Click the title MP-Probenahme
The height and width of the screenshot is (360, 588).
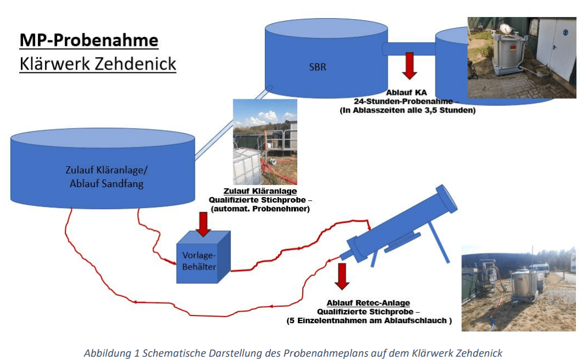[x=89, y=40]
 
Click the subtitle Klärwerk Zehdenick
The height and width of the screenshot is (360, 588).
[x=98, y=64]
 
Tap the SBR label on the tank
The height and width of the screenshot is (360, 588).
[x=318, y=67]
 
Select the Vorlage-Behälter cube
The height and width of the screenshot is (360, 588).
[x=203, y=257]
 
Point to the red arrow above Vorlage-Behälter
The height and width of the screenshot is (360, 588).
[x=203, y=224]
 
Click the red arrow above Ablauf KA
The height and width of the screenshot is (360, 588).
[x=409, y=66]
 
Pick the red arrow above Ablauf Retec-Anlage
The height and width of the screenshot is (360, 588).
[x=342, y=276]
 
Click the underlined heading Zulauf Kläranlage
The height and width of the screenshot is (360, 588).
[x=260, y=191]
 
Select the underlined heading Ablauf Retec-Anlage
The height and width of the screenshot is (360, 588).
[x=368, y=303]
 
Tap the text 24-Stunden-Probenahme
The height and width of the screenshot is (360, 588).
[x=404, y=101]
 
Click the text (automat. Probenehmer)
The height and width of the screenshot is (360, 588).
[x=261, y=209]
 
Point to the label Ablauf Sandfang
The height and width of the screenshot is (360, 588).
[x=106, y=184]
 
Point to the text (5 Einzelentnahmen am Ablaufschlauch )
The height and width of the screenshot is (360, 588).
[x=369, y=321]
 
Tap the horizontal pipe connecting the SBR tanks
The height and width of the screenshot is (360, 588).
[x=409, y=49]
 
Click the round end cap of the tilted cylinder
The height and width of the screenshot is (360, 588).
[x=446, y=199]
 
